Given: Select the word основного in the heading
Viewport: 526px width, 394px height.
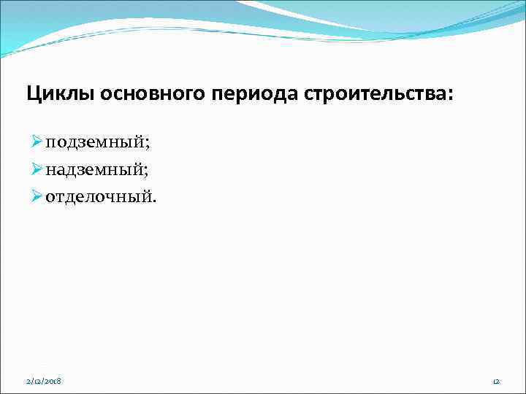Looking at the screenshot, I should (147, 95).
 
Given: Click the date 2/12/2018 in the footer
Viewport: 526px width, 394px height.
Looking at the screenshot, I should (42, 380).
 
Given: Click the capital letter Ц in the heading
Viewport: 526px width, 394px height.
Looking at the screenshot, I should (32, 95).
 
